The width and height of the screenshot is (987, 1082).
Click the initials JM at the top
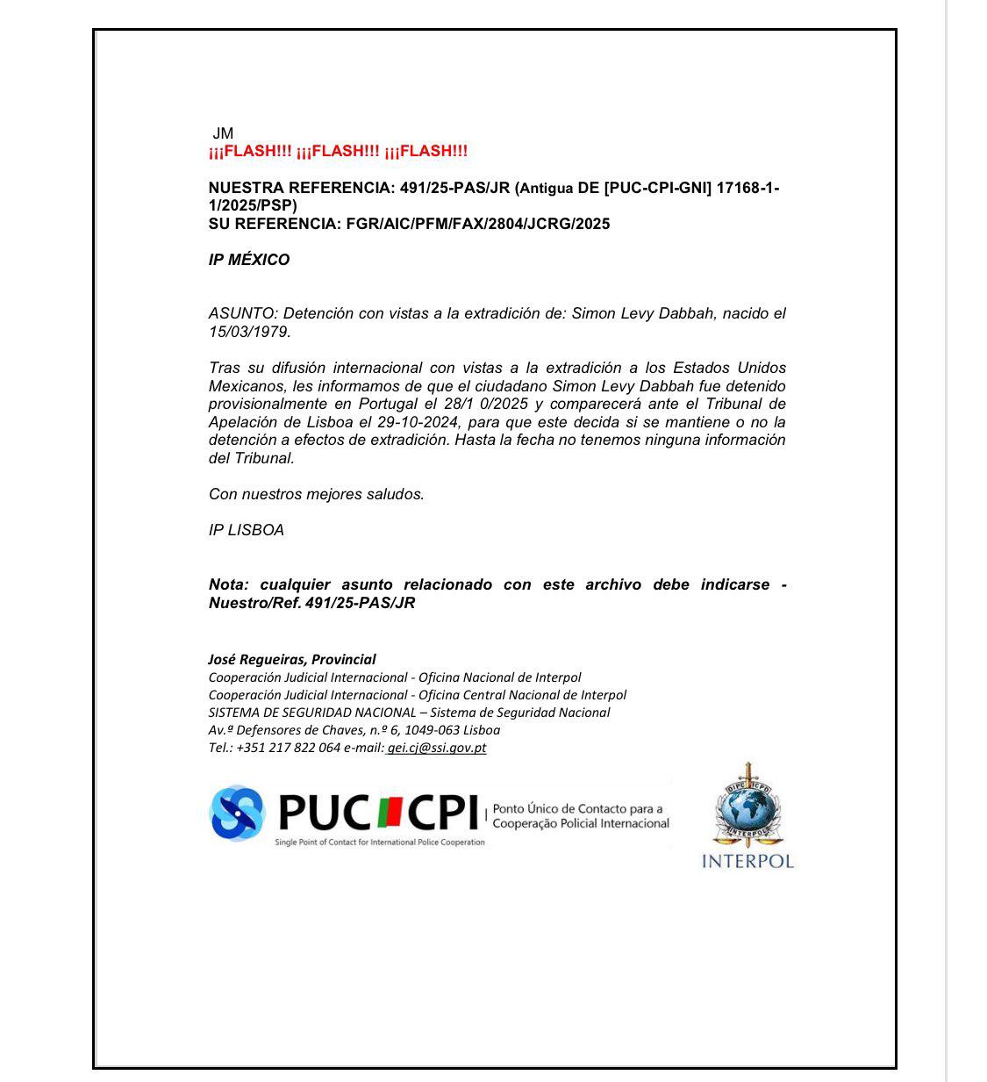(x=223, y=133)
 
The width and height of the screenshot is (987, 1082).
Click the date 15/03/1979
(x=248, y=332)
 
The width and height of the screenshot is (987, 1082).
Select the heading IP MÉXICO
(x=249, y=260)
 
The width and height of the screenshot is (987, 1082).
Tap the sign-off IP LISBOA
(x=247, y=530)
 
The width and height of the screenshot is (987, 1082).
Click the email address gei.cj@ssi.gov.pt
(x=437, y=748)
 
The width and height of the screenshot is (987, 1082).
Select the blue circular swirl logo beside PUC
(x=237, y=812)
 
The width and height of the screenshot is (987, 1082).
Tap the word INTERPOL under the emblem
(x=747, y=861)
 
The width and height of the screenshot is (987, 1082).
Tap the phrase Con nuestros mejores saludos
(x=317, y=494)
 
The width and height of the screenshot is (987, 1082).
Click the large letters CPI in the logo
(x=441, y=813)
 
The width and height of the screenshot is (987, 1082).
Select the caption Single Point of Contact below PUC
(x=379, y=842)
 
